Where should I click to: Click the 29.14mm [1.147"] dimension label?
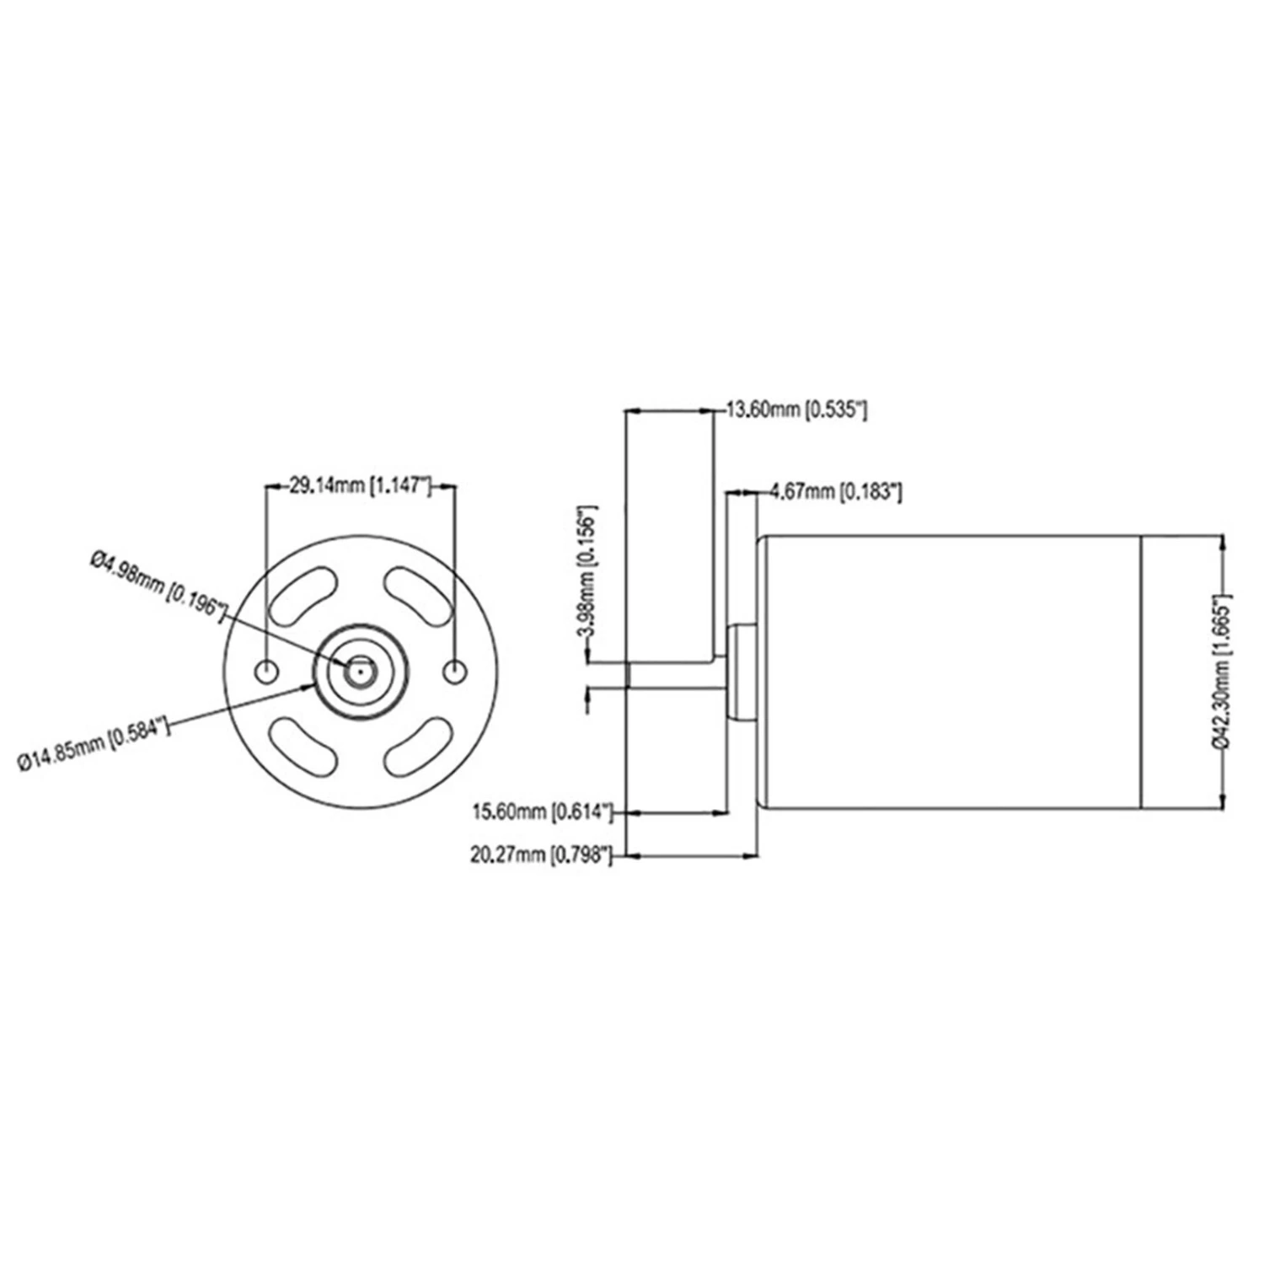click(361, 486)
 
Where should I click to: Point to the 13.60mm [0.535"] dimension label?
click(796, 410)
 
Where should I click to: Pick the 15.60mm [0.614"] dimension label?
click(541, 812)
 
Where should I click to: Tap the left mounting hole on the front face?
click(266, 672)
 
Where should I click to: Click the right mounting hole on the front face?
click(456, 672)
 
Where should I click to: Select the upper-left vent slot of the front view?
click(303, 597)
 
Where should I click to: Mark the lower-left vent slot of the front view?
click(303, 747)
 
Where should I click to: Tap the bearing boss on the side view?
click(742, 672)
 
